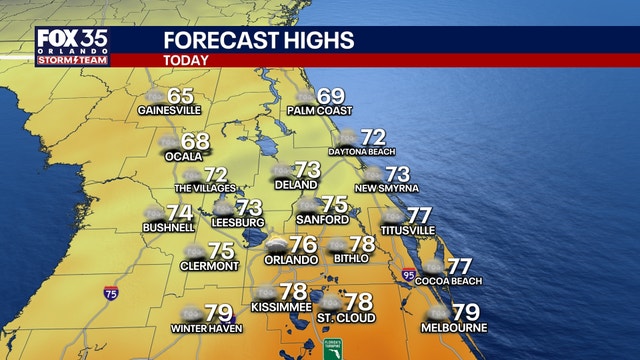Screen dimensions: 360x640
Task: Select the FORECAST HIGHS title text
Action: point(258,40)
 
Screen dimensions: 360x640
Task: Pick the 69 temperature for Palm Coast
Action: point(331,97)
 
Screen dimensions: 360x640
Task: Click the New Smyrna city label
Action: point(386,188)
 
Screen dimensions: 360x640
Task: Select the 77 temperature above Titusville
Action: point(420,215)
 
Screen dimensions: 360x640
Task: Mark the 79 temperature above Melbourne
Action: point(466,313)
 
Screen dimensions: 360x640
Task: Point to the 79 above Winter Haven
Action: point(218,313)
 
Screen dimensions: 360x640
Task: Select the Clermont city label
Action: point(209,266)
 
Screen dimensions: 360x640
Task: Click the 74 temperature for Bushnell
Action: point(179,213)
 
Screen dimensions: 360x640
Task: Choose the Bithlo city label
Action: point(351,258)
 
